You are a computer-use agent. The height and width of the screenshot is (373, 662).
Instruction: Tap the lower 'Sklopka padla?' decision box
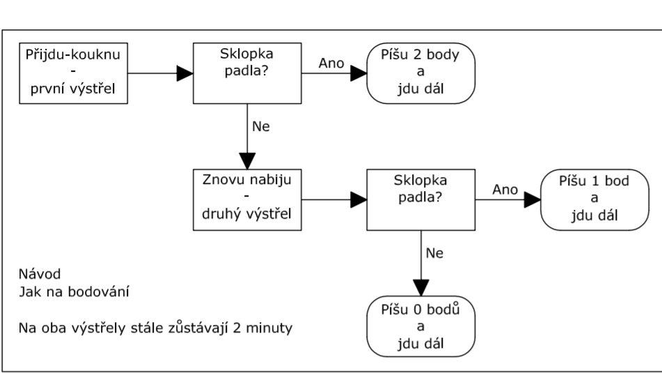coord(422,200)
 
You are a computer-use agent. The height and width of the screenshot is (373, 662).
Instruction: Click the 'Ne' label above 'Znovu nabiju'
coord(256,128)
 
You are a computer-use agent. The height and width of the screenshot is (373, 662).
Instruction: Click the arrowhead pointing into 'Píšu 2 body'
coord(359,72)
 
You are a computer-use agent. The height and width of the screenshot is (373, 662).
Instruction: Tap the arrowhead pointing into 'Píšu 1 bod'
coord(533,200)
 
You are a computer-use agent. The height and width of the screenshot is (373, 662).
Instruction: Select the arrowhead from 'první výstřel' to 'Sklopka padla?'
coord(185,72)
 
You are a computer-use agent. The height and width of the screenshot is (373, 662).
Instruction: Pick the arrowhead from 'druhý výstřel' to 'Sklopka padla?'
coord(359,200)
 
